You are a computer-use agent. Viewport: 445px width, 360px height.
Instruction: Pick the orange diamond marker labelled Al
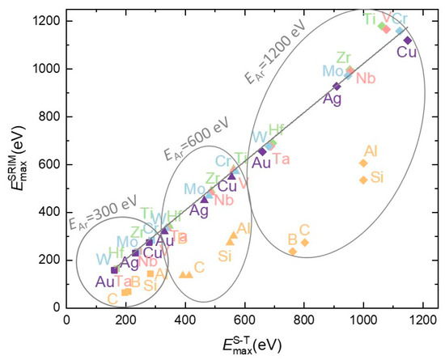pyautogui.click(x=363, y=163)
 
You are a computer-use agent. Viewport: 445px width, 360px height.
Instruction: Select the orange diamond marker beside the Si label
pyautogui.click(x=363, y=180)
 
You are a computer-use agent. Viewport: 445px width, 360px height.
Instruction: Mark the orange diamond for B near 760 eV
pyautogui.click(x=293, y=252)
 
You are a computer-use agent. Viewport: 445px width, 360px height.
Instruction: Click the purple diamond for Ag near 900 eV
pyautogui.click(x=337, y=87)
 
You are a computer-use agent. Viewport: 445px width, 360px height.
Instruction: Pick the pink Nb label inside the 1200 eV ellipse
pyautogui.click(x=366, y=78)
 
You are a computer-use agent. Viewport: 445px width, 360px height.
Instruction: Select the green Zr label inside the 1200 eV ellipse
pyautogui.click(x=344, y=57)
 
